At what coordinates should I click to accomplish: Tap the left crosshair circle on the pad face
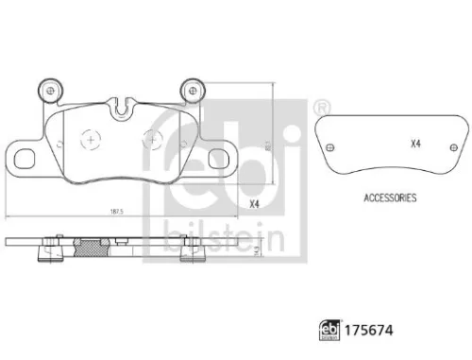click(x=90, y=139)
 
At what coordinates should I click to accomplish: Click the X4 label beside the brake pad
click(x=253, y=204)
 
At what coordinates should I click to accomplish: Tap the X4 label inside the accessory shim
click(x=416, y=144)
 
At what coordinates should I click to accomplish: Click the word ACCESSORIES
click(x=390, y=198)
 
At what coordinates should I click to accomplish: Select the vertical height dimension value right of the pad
click(x=267, y=144)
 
